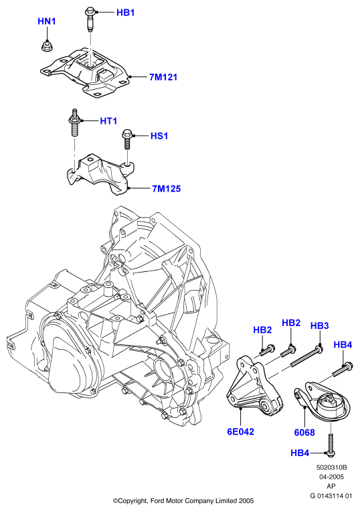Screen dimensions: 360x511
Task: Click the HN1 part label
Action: coord(47,21)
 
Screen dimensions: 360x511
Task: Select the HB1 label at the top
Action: coord(125,13)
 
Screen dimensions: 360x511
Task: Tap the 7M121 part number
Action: coord(163,77)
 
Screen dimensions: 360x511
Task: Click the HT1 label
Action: coord(108,121)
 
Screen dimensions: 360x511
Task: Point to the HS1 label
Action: coord(159,136)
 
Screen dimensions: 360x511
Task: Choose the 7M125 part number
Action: coord(167,189)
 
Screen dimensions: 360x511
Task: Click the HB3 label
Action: coord(319,325)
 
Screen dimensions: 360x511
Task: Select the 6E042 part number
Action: coord(240,431)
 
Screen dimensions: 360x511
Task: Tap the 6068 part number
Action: coord(304,433)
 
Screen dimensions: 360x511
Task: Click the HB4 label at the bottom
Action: coord(300,453)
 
